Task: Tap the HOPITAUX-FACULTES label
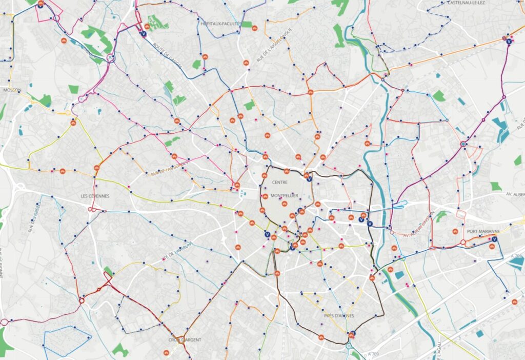point(220,24)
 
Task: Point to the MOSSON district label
point(12,90)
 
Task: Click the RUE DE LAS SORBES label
point(170,168)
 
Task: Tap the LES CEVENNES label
point(95,196)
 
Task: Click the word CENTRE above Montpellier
point(280,183)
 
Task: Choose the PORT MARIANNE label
point(482,231)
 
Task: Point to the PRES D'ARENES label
point(339,315)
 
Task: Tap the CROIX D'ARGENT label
point(185,340)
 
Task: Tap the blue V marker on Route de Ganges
point(143,34)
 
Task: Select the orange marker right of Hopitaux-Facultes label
point(254,28)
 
